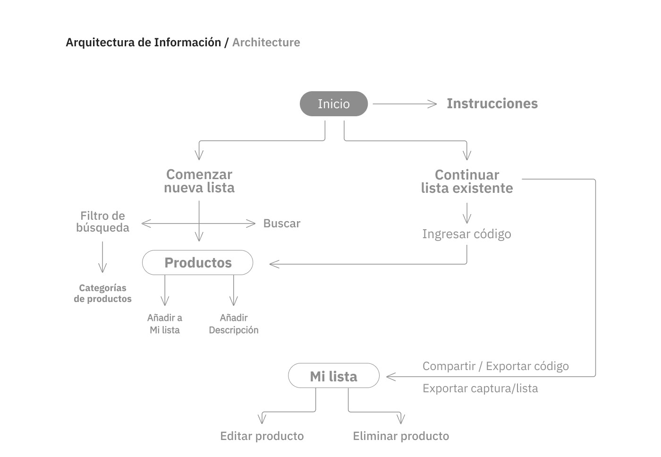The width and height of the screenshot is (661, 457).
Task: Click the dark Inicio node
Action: tap(333, 104)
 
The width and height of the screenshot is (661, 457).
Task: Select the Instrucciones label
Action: tap(492, 103)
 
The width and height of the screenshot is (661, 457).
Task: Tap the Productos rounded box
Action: tap(198, 263)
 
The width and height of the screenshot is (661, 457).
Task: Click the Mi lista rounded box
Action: tap(333, 376)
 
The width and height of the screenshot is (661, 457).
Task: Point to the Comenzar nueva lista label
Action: tap(199, 181)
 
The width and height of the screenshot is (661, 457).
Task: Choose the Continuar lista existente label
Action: tap(466, 181)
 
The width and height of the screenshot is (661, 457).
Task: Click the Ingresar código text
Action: tap(466, 234)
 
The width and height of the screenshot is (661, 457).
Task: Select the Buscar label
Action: tap(281, 224)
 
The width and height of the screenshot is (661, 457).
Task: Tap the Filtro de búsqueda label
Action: tap(102, 222)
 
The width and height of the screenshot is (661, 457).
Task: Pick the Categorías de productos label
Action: tap(102, 293)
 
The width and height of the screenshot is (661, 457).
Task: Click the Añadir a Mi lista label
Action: tap(165, 324)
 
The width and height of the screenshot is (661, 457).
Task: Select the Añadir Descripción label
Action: tap(234, 324)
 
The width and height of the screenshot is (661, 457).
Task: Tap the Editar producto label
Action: tap(262, 436)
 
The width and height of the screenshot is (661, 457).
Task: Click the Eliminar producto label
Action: tap(401, 436)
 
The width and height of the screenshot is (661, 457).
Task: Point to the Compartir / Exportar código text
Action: tap(495, 366)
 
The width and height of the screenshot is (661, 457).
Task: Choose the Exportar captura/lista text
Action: tap(480, 388)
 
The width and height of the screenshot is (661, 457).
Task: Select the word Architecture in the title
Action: tap(266, 43)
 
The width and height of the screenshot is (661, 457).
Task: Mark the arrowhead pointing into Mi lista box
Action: tap(390, 377)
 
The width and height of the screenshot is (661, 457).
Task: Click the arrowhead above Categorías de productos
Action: tap(102, 268)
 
